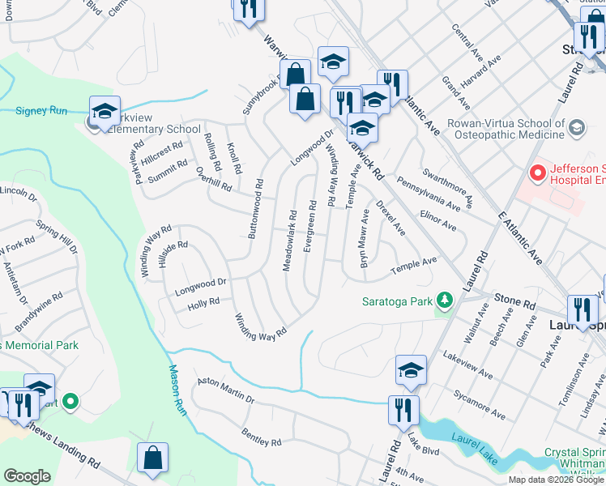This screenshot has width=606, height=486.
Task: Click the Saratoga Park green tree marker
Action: click(x=443, y=301)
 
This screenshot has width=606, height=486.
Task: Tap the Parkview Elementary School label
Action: click(x=150, y=129)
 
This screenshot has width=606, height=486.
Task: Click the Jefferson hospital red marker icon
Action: click(x=536, y=173)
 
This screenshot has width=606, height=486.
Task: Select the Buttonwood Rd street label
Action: click(x=254, y=207)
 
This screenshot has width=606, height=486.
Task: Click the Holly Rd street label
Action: click(x=203, y=303)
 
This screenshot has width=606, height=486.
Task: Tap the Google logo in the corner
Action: click(x=27, y=476)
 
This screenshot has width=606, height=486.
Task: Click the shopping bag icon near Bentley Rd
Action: click(x=152, y=458)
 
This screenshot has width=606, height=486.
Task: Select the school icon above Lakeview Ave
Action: click(x=411, y=371)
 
